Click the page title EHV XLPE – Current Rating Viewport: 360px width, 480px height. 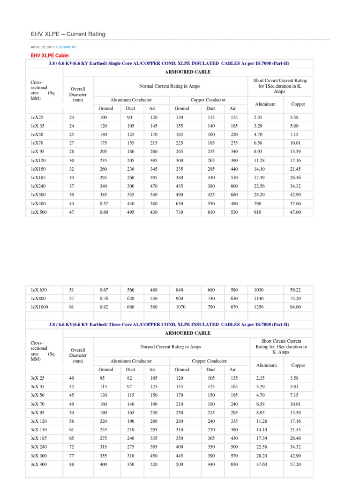68,34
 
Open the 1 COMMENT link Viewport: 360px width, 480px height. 66,47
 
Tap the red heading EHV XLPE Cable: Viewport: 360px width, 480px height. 50,56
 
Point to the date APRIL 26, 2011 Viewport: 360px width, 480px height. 43,47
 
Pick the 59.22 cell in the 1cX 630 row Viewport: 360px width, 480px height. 295,290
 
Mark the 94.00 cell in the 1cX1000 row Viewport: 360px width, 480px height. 295,307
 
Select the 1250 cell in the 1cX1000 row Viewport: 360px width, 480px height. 259,307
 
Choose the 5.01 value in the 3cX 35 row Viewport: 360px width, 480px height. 295,387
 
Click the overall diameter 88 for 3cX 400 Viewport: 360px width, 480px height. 72,464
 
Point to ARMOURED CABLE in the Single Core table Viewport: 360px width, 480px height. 188,72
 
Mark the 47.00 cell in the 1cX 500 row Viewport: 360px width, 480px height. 295,212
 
